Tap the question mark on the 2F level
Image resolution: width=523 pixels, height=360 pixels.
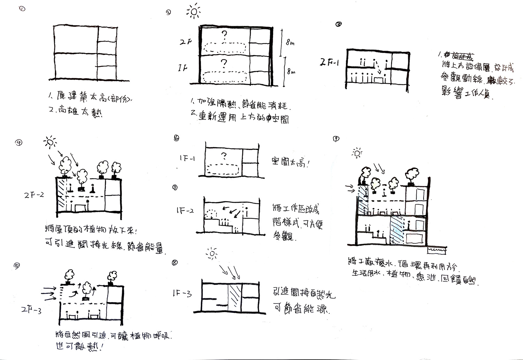pos(225,35)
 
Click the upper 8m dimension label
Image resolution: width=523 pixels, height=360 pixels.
pos(290,43)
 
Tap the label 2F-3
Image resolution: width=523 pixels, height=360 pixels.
pos(31,309)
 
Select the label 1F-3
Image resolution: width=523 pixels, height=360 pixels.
pos(182,294)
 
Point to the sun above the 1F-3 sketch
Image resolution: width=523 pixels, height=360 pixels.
pos(212,254)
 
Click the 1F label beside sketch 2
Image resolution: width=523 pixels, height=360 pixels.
pos(183,67)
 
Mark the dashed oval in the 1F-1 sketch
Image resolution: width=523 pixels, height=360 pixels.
pos(223,169)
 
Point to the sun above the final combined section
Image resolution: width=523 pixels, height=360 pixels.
pos(357,153)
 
